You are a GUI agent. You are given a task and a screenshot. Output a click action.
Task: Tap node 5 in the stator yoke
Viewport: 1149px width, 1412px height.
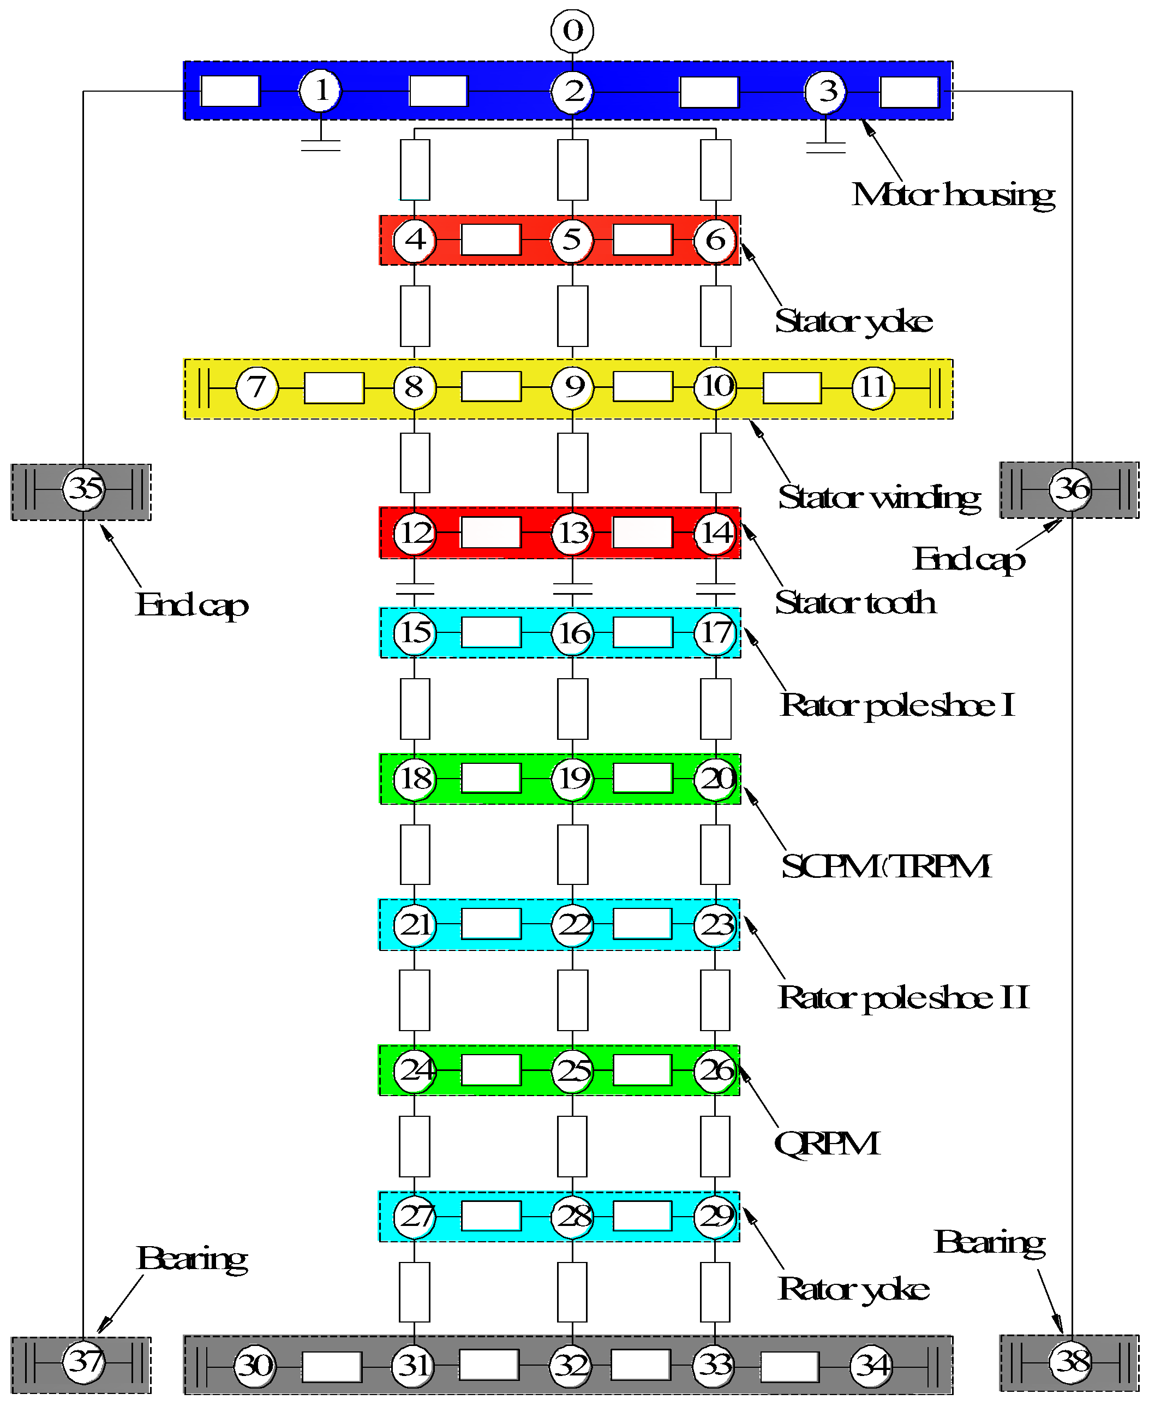572,239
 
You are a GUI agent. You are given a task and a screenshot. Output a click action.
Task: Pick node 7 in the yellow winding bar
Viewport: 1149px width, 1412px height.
257,387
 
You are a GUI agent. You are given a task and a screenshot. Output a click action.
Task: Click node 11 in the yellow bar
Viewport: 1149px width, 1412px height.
873,387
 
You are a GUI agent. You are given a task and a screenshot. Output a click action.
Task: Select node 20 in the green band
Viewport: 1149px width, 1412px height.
715,779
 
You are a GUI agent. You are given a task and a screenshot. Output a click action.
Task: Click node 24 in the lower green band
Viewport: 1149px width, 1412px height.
415,1070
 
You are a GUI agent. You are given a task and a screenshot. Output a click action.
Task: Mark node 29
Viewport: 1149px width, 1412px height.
715,1216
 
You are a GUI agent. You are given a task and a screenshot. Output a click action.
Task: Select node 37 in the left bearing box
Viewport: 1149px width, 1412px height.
84,1362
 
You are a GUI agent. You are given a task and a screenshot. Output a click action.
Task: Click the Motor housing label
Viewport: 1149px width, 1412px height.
953,195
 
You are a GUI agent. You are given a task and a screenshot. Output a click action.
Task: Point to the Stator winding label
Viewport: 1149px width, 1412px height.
879,498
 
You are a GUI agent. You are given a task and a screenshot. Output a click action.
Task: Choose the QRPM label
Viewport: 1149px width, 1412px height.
827,1143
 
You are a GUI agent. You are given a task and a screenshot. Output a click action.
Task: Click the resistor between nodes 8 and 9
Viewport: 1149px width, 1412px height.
491,387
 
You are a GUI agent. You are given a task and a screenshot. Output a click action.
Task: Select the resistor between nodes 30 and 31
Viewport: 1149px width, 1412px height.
332,1366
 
